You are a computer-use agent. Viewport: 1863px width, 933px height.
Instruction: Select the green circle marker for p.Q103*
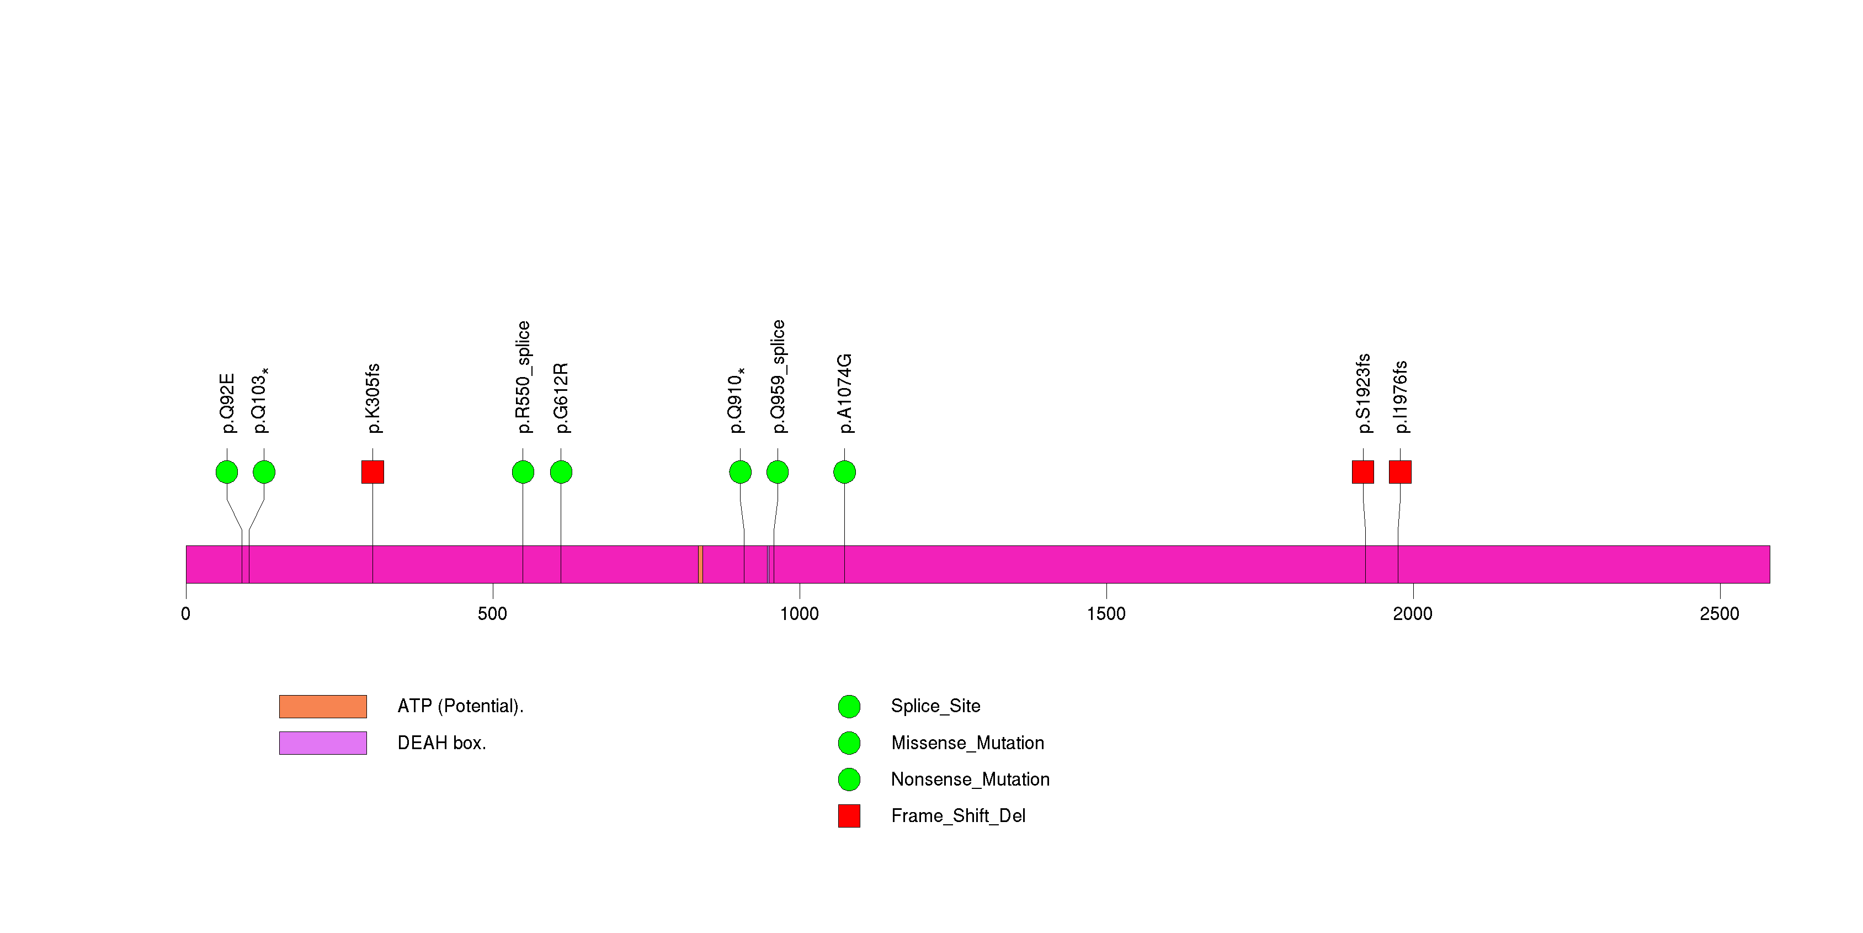tap(264, 472)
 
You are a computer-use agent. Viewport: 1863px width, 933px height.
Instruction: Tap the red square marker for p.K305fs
tap(372, 472)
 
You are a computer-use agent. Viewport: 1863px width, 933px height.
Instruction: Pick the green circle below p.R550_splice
tap(523, 472)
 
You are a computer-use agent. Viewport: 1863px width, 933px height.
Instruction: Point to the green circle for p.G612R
tap(561, 472)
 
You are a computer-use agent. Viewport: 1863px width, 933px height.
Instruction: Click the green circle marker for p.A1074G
tap(845, 472)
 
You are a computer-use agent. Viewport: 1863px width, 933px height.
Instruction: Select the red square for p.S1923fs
tap(1362, 472)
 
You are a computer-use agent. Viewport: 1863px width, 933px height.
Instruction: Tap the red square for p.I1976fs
tap(1400, 472)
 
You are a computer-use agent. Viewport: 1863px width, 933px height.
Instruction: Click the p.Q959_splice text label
tap(778, 376)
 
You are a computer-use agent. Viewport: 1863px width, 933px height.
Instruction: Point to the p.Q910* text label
tap(736, 400)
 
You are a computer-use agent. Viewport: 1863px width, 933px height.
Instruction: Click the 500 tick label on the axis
tap(492, 614)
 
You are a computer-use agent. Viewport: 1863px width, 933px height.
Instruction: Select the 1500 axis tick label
tap(1106, 614)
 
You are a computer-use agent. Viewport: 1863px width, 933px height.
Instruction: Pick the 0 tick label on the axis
tap(186, 614)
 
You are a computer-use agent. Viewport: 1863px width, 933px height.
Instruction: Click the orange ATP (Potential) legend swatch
tap(323, 707)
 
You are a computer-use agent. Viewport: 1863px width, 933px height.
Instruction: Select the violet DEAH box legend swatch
tap(323, 743)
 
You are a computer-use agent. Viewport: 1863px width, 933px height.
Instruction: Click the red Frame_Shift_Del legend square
tap(849, 816)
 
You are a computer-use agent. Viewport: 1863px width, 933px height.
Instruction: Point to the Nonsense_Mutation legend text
tap(970, 780)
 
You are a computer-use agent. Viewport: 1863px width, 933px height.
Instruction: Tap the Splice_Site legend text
tap(935, 706)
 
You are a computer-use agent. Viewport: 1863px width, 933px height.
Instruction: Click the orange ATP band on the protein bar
tap(701, 564)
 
